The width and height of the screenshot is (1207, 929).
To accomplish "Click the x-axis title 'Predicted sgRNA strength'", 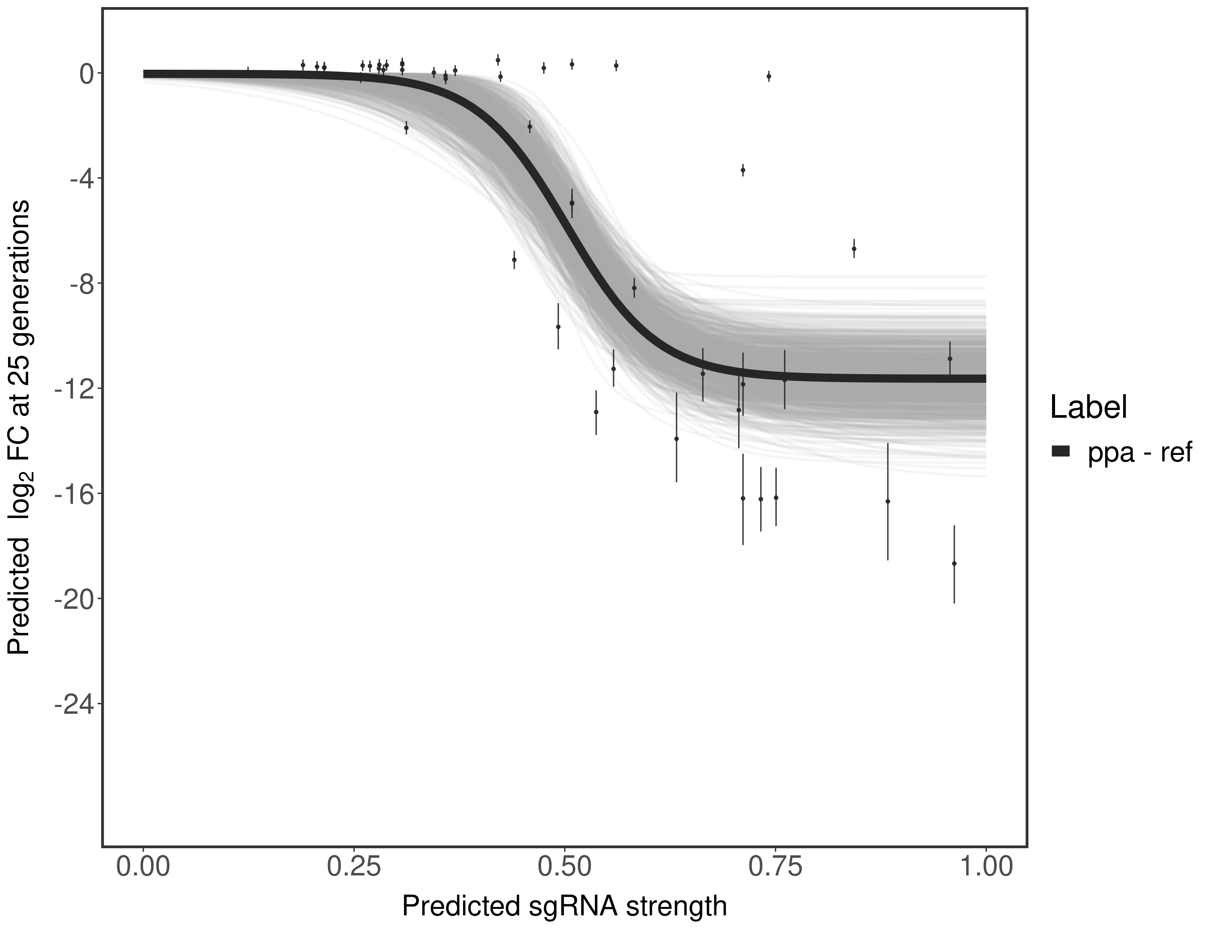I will point(564,907).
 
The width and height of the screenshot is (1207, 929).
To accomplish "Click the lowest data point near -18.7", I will point(954,564).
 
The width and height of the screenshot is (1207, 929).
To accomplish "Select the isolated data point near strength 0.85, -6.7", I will point(854,249).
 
